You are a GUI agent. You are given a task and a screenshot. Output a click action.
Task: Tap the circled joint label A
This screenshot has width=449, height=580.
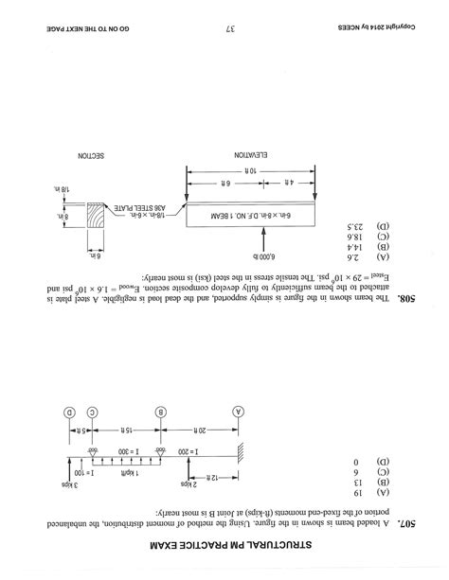[238, 413]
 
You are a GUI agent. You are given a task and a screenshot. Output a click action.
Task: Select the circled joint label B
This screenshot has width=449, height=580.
[162, 413]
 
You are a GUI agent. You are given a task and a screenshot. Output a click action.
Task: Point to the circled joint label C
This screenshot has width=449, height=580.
[93, 413]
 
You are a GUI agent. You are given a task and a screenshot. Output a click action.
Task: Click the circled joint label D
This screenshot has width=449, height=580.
[70, 413]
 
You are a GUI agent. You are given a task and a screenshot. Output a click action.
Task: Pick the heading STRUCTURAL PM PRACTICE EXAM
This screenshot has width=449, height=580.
[224, 549]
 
